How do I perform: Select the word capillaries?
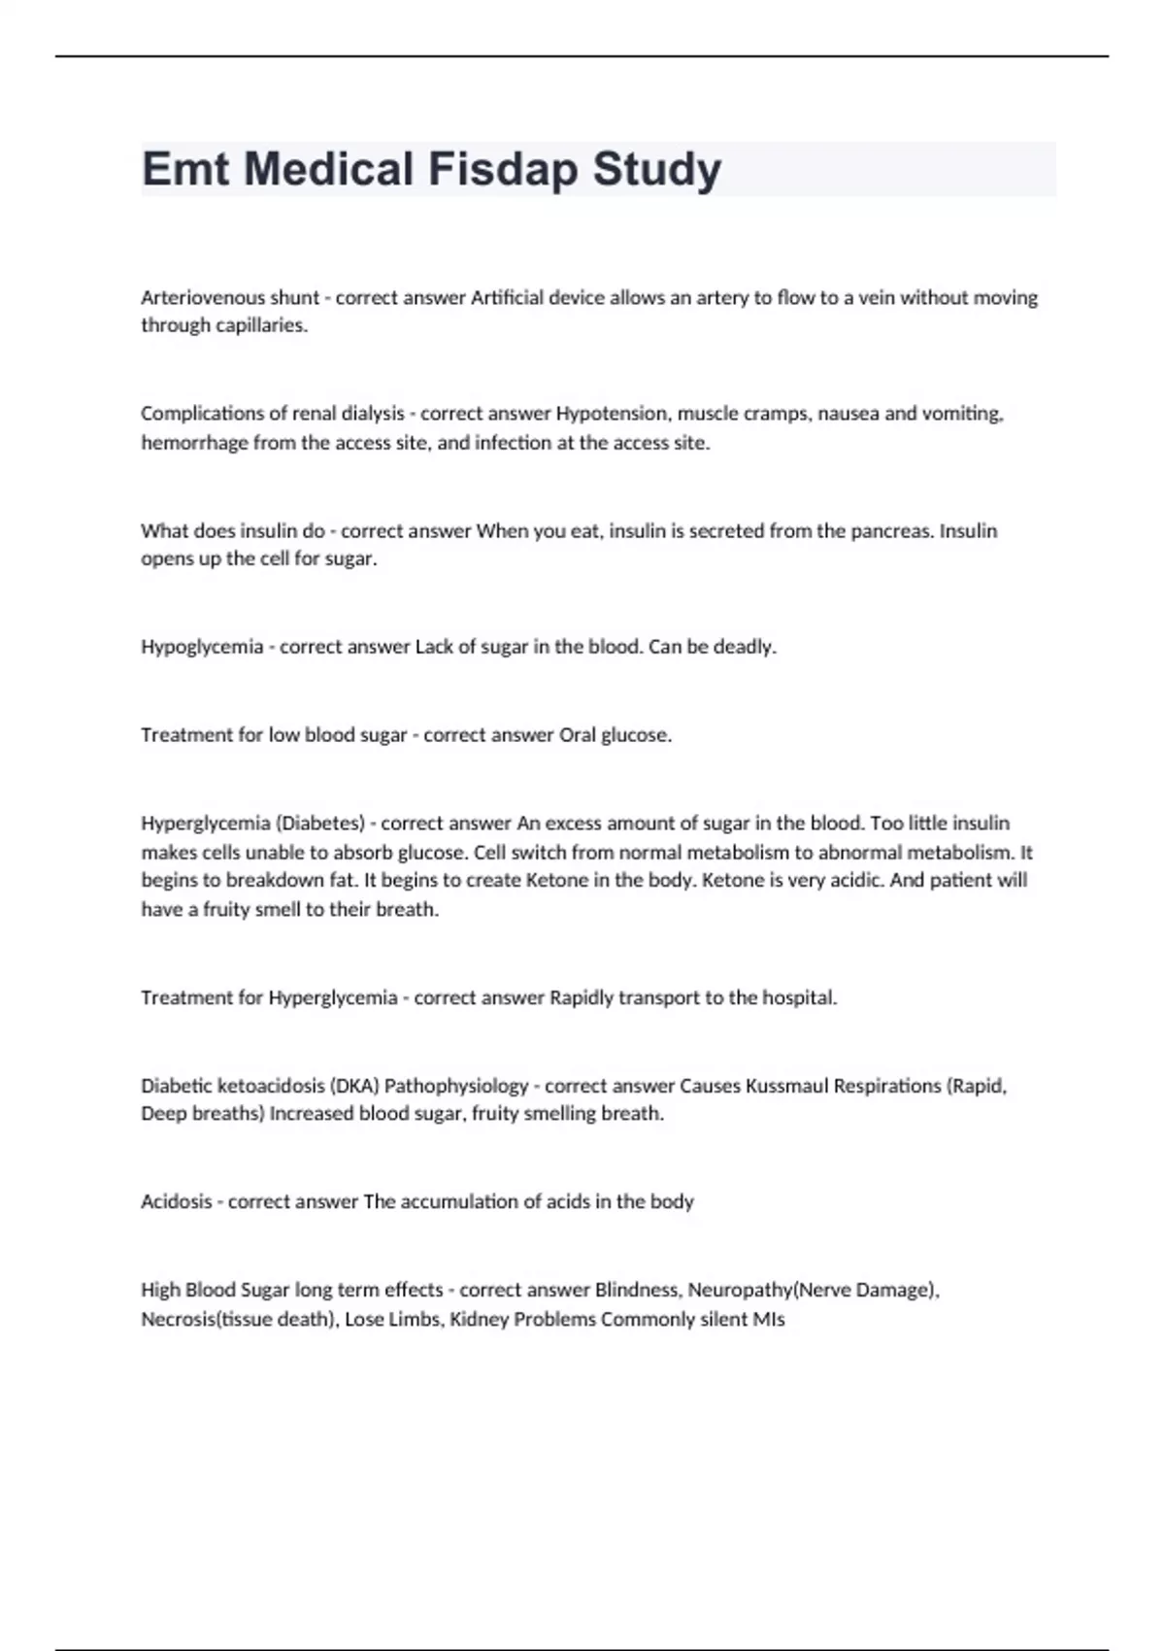pyautogui.click(x=258, y=325)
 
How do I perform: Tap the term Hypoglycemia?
pyautogui.click(x=202, y=647)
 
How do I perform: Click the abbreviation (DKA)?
pyautogui.click(x=354, y=1086)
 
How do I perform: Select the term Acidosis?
pyautogui.click(x=177, y=1201)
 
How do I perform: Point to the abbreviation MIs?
pyautogui.click(x=769, y=1319)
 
